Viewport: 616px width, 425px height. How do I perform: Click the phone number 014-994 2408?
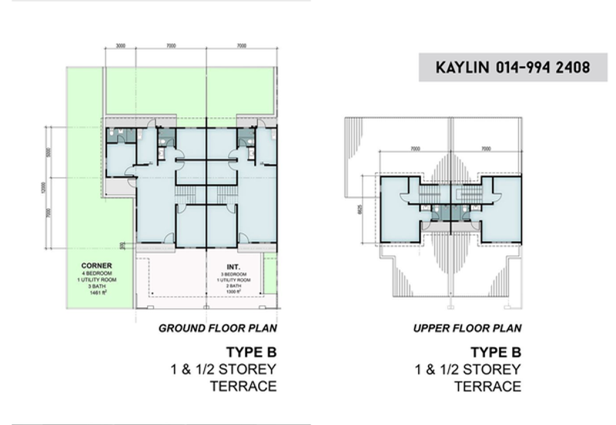537,68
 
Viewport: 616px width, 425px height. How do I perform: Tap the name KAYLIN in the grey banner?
460,68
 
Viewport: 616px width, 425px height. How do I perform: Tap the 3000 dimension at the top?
121,47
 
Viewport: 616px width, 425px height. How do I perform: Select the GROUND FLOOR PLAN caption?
218,328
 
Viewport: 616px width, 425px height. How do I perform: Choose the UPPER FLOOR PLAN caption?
467,328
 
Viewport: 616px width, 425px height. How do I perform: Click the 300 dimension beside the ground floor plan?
122,246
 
